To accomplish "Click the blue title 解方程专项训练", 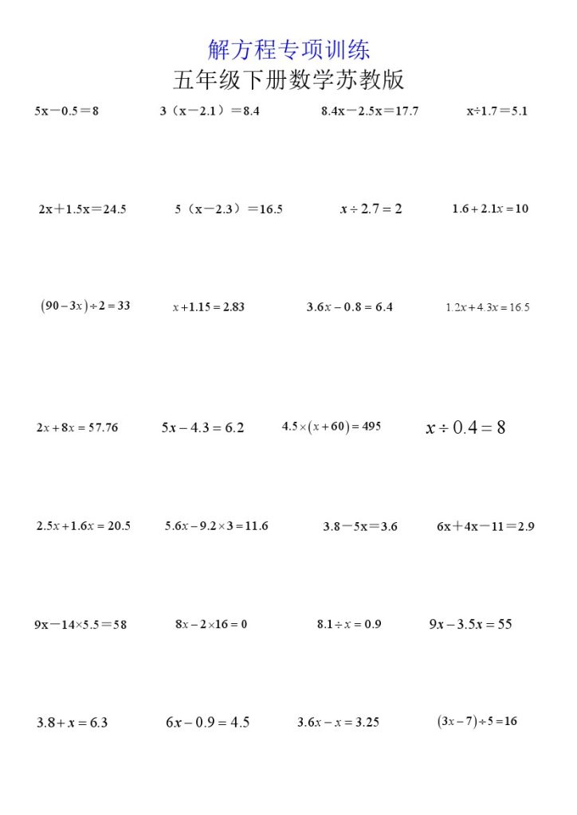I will click(288, 50).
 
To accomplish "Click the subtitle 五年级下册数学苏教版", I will click(288, 80).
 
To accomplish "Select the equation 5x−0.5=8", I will click(67, 111).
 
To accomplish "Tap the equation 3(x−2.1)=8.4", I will click(210, 111).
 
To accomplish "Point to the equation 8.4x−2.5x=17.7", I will click(370, 111).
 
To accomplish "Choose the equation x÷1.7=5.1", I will click(497, 111).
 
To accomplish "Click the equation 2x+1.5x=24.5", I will click(82, 210).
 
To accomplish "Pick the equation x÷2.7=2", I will click(371, 209).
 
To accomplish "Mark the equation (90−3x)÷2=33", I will click(85, 306).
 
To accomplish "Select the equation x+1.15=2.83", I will click(209, 307).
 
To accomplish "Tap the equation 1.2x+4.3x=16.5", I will click(487, 307).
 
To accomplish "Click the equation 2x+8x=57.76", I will click(77, 428).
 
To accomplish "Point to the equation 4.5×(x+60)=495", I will click(332, 427).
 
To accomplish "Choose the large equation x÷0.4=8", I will click(466, 428).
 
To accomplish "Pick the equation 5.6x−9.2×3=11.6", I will click(217, 526).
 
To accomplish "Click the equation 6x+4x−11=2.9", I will click(485, 527).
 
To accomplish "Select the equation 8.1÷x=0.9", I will click(349, 625).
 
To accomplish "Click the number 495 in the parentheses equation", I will click(371, 427).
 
